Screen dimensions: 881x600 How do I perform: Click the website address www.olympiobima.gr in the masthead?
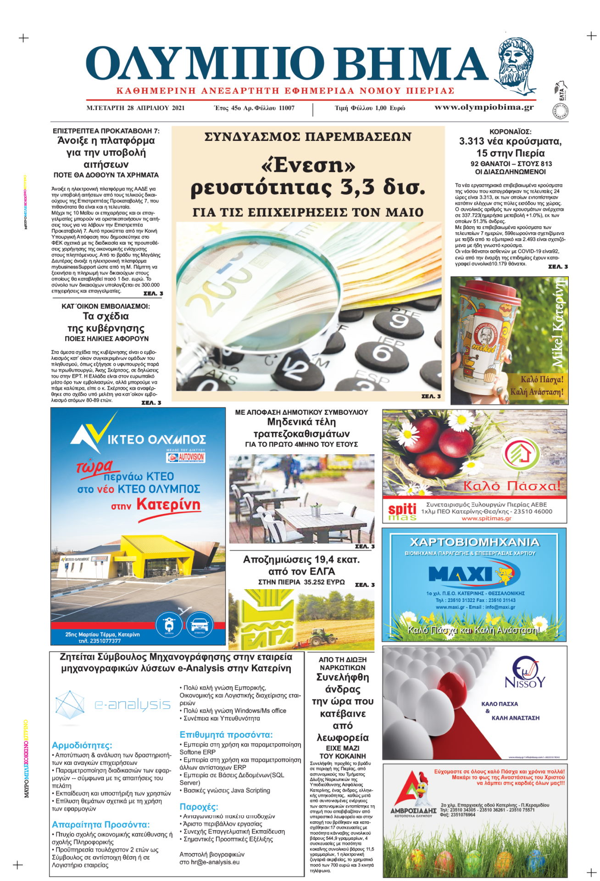484,107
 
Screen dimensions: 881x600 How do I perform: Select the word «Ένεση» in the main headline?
308,165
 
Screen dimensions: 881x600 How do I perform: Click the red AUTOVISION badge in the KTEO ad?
186,457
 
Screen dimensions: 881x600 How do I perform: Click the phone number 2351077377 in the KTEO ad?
100,641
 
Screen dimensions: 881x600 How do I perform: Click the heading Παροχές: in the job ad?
199,806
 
